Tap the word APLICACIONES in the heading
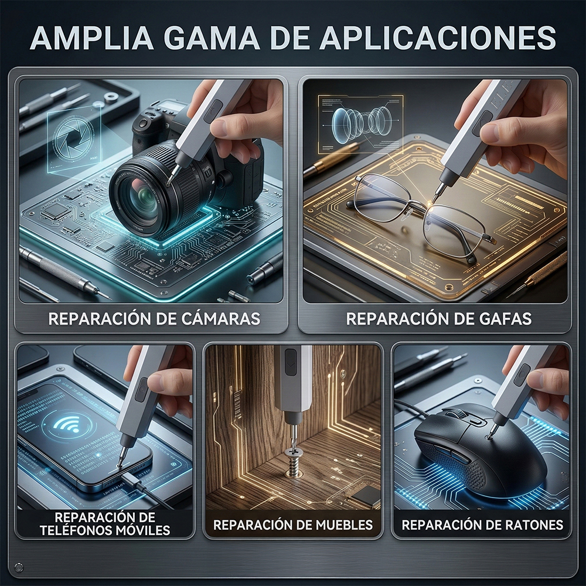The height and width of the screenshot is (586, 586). (438, 38)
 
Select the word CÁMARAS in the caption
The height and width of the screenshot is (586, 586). (220, 318)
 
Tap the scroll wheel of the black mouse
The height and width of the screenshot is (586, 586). (458, 414)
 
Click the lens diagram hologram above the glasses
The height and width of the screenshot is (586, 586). (360, 124)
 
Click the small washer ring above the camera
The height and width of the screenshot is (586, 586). (111, 98)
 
